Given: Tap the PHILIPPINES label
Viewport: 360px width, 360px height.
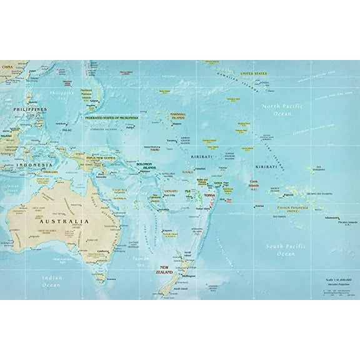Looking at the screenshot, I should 29,109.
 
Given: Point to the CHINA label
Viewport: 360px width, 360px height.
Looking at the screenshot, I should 7,65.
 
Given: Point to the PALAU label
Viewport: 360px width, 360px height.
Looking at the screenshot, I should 66,130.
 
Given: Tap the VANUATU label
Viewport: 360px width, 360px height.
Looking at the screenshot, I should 171,191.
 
